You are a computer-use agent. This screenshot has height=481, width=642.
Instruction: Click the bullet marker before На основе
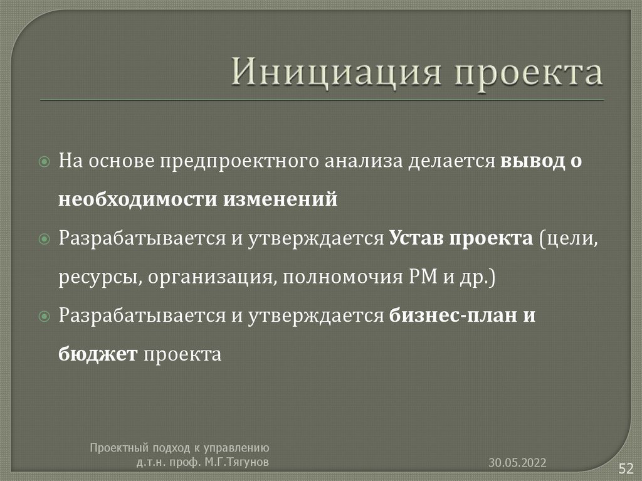coord(44,161)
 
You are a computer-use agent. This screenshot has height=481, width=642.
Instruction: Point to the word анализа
coord(363,161)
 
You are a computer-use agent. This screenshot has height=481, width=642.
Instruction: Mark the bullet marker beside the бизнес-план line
coord(44,316)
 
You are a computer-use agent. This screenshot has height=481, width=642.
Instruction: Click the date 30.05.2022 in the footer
coord(518,463)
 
